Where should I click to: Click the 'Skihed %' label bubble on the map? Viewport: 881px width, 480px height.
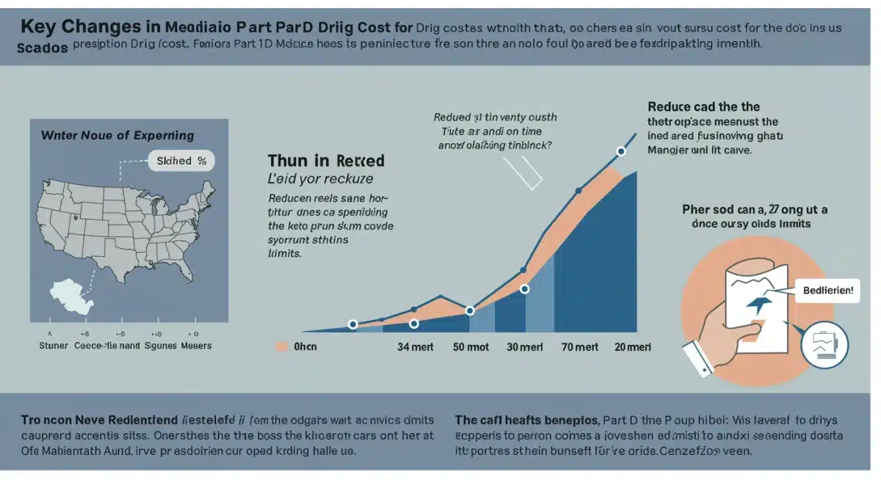[181, 161]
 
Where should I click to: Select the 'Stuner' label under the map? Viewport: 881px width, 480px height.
[51, 345]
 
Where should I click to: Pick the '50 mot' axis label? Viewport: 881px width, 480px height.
[471, 347]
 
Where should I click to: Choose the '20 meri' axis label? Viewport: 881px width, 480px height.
[631, 347]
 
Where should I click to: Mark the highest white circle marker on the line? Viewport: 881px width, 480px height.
[621, 151]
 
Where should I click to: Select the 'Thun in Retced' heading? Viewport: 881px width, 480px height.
[326, 161]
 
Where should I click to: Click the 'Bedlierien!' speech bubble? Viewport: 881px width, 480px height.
[827, 290]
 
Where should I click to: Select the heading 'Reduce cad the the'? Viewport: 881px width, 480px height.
[704, 106]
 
